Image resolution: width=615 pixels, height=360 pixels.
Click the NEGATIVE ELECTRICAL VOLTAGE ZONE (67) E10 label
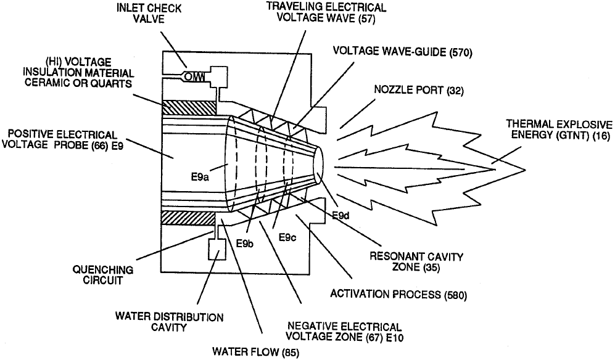[x=345, y=332]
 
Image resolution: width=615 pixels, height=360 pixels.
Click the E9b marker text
[x=246, y=242]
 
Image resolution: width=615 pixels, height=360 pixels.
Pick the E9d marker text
[x=341, y=216]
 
